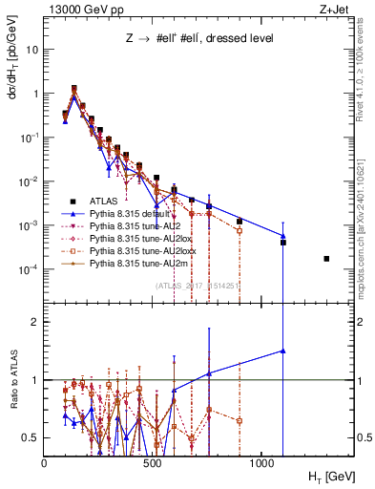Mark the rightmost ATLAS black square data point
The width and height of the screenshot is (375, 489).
point(326,259)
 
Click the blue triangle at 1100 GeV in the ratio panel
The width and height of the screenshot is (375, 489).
point(283,351)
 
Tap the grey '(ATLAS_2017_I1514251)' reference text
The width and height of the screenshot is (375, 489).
point(197,285)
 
